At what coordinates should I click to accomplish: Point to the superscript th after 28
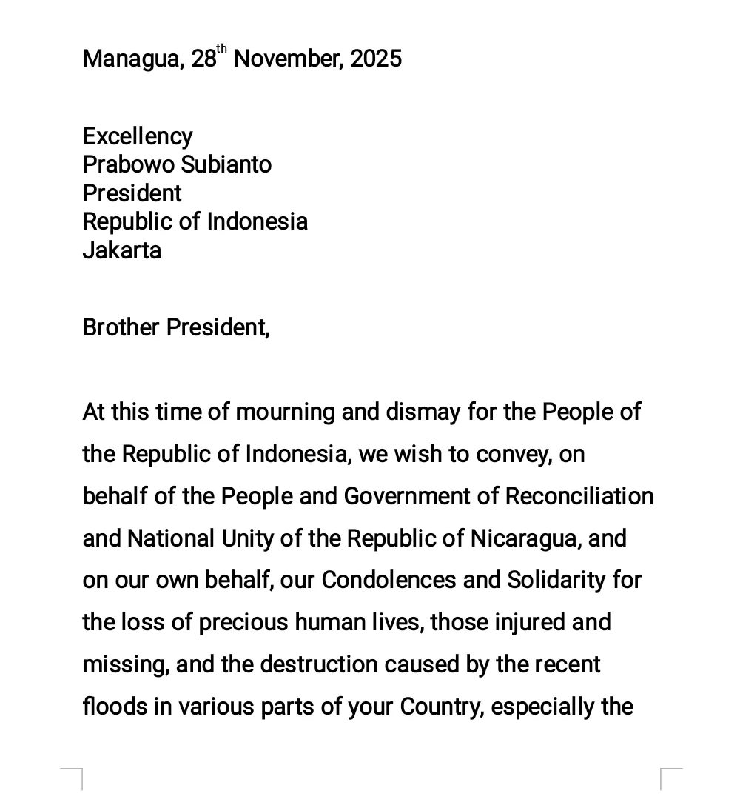click(x=222, y=50)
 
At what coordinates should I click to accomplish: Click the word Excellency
click(x=138, y=137)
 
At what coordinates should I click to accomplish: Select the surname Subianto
click(x=226, y=164)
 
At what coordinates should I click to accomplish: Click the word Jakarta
click(x=121, y=250)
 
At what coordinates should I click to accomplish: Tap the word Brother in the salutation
click(x=121, y=327)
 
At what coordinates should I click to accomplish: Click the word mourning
click(x=285, y=412)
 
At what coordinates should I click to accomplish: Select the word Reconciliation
click(x=579, y=496)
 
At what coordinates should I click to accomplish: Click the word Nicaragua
click(x=524, y=538)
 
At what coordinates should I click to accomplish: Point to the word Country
click(x=441, y=707)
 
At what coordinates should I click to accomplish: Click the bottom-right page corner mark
click(x=670, y=778)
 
